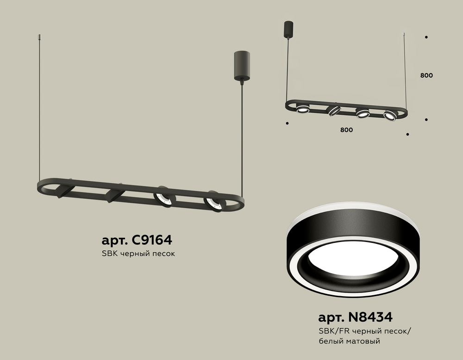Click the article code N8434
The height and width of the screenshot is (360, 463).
coord(370,317)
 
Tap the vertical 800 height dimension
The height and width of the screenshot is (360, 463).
coord(426,75)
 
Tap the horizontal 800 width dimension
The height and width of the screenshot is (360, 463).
coord(346,130)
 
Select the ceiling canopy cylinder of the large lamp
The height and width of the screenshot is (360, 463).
coord(242,66)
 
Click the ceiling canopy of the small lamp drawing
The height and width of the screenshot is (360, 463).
coord(288,29)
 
